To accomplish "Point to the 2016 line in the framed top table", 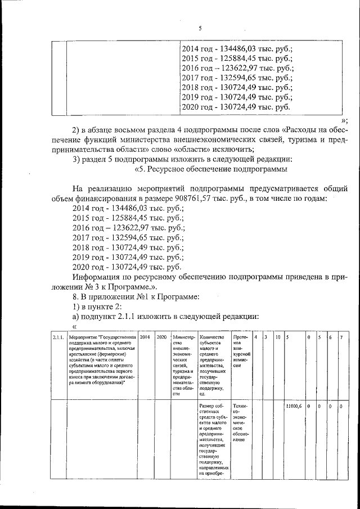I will pos(237,69).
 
